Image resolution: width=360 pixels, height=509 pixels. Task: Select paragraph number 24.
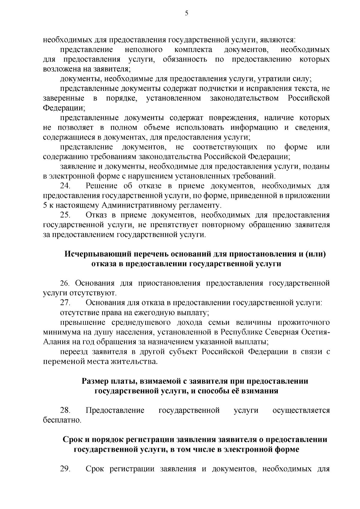pos(65,186)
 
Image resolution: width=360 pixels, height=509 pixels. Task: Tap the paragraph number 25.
pos(65,215)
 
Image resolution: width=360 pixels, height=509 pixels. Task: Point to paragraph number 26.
pos(65,283)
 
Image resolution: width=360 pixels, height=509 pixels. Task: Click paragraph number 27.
pos(65,303)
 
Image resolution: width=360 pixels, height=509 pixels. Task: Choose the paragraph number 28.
pos(65,410)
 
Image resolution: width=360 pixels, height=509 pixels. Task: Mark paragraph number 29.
pos(65,469)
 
